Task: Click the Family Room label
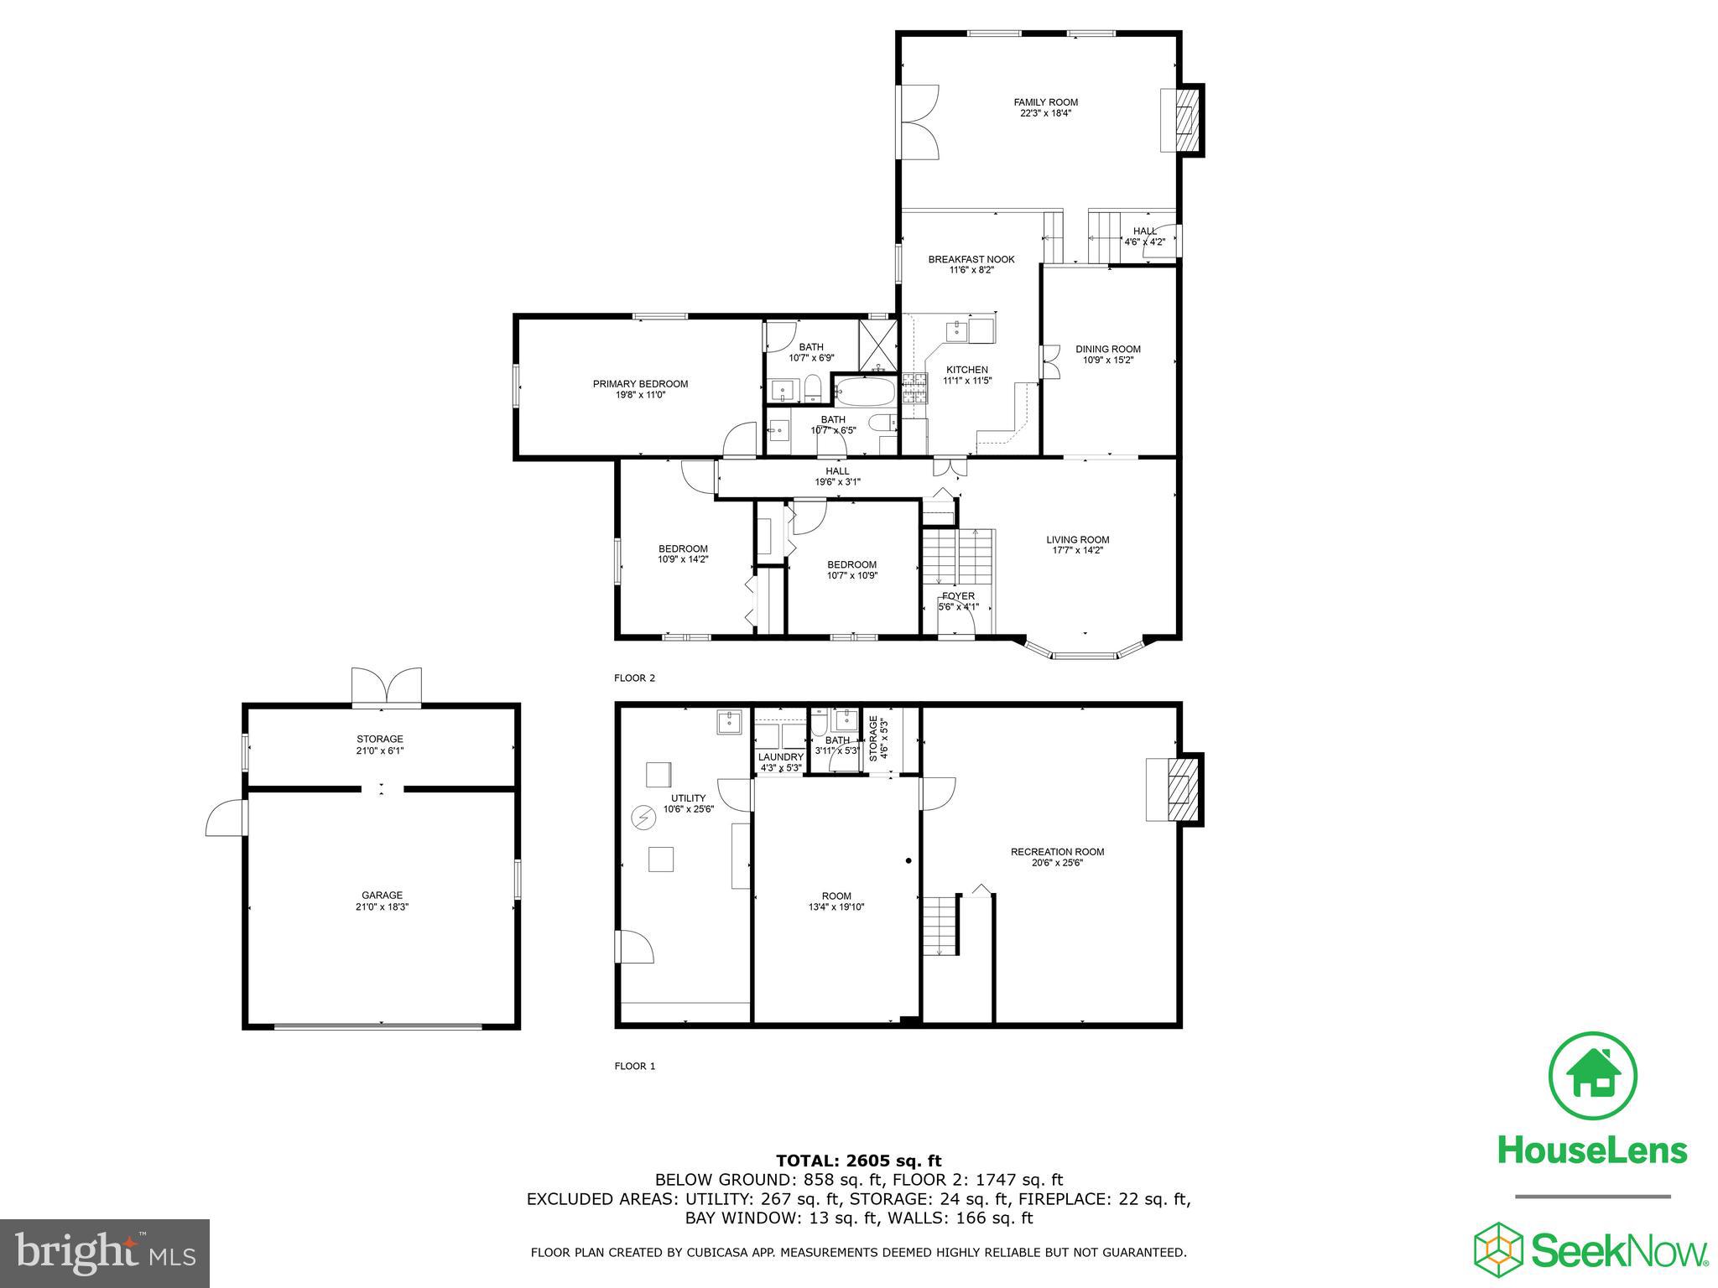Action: click(x=1045, y=102)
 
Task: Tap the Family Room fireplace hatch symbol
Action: click(x=1185, y=120)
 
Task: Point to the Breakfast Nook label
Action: click(x=971, y=259)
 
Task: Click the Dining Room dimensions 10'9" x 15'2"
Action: click(x=1108, y=360)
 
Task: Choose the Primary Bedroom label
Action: click(x=640, y=384)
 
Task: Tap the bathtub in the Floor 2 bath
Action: click(x=865, y=391)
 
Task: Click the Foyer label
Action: click(x=958, y=596)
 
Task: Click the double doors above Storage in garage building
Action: click(x=386, y=686)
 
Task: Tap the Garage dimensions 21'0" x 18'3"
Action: click(x=382, y=906)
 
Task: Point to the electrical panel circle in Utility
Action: click(x=644, y=816)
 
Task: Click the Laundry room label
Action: click(x=780, y=756)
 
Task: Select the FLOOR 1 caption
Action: click(x=634, y=1067)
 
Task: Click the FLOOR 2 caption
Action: click(x=634, y=678)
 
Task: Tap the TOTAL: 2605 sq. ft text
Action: click(x=858, y=1161)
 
